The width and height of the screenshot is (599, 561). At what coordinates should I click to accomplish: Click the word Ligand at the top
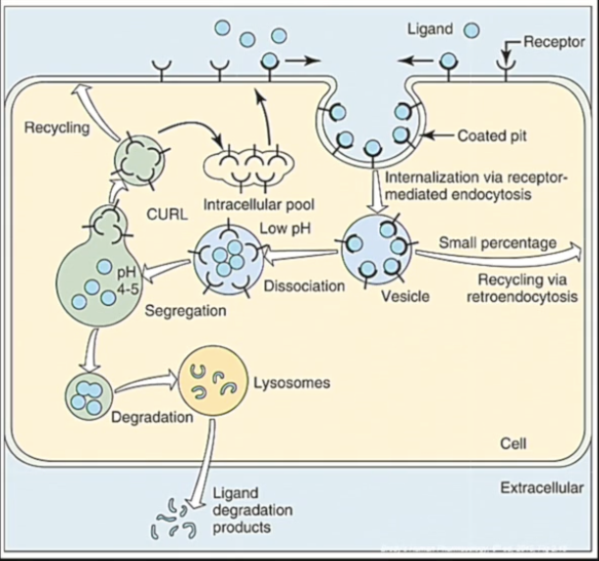(430, 29)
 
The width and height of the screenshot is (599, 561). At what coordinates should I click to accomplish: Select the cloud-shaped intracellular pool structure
(248, 162)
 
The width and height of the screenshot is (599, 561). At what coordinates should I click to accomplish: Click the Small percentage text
(497, 242)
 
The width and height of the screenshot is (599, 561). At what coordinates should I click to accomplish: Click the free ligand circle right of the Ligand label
(472, 29)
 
